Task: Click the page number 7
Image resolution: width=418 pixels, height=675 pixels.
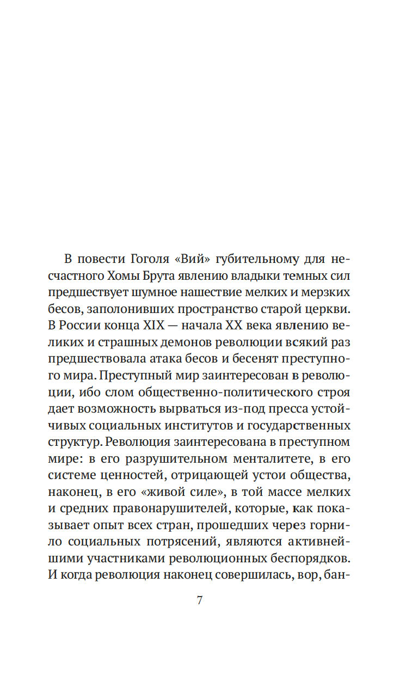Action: pos(199,600)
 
